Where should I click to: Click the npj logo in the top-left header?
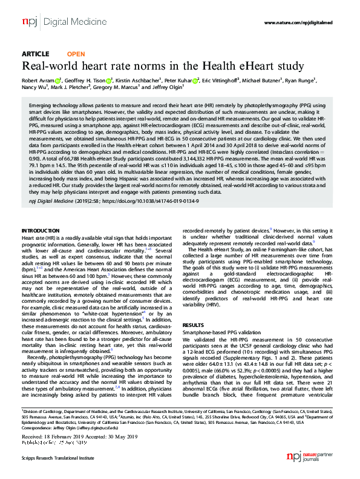[29, 22]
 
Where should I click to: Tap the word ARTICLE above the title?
[35, 53]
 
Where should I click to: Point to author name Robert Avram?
[40, 81]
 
